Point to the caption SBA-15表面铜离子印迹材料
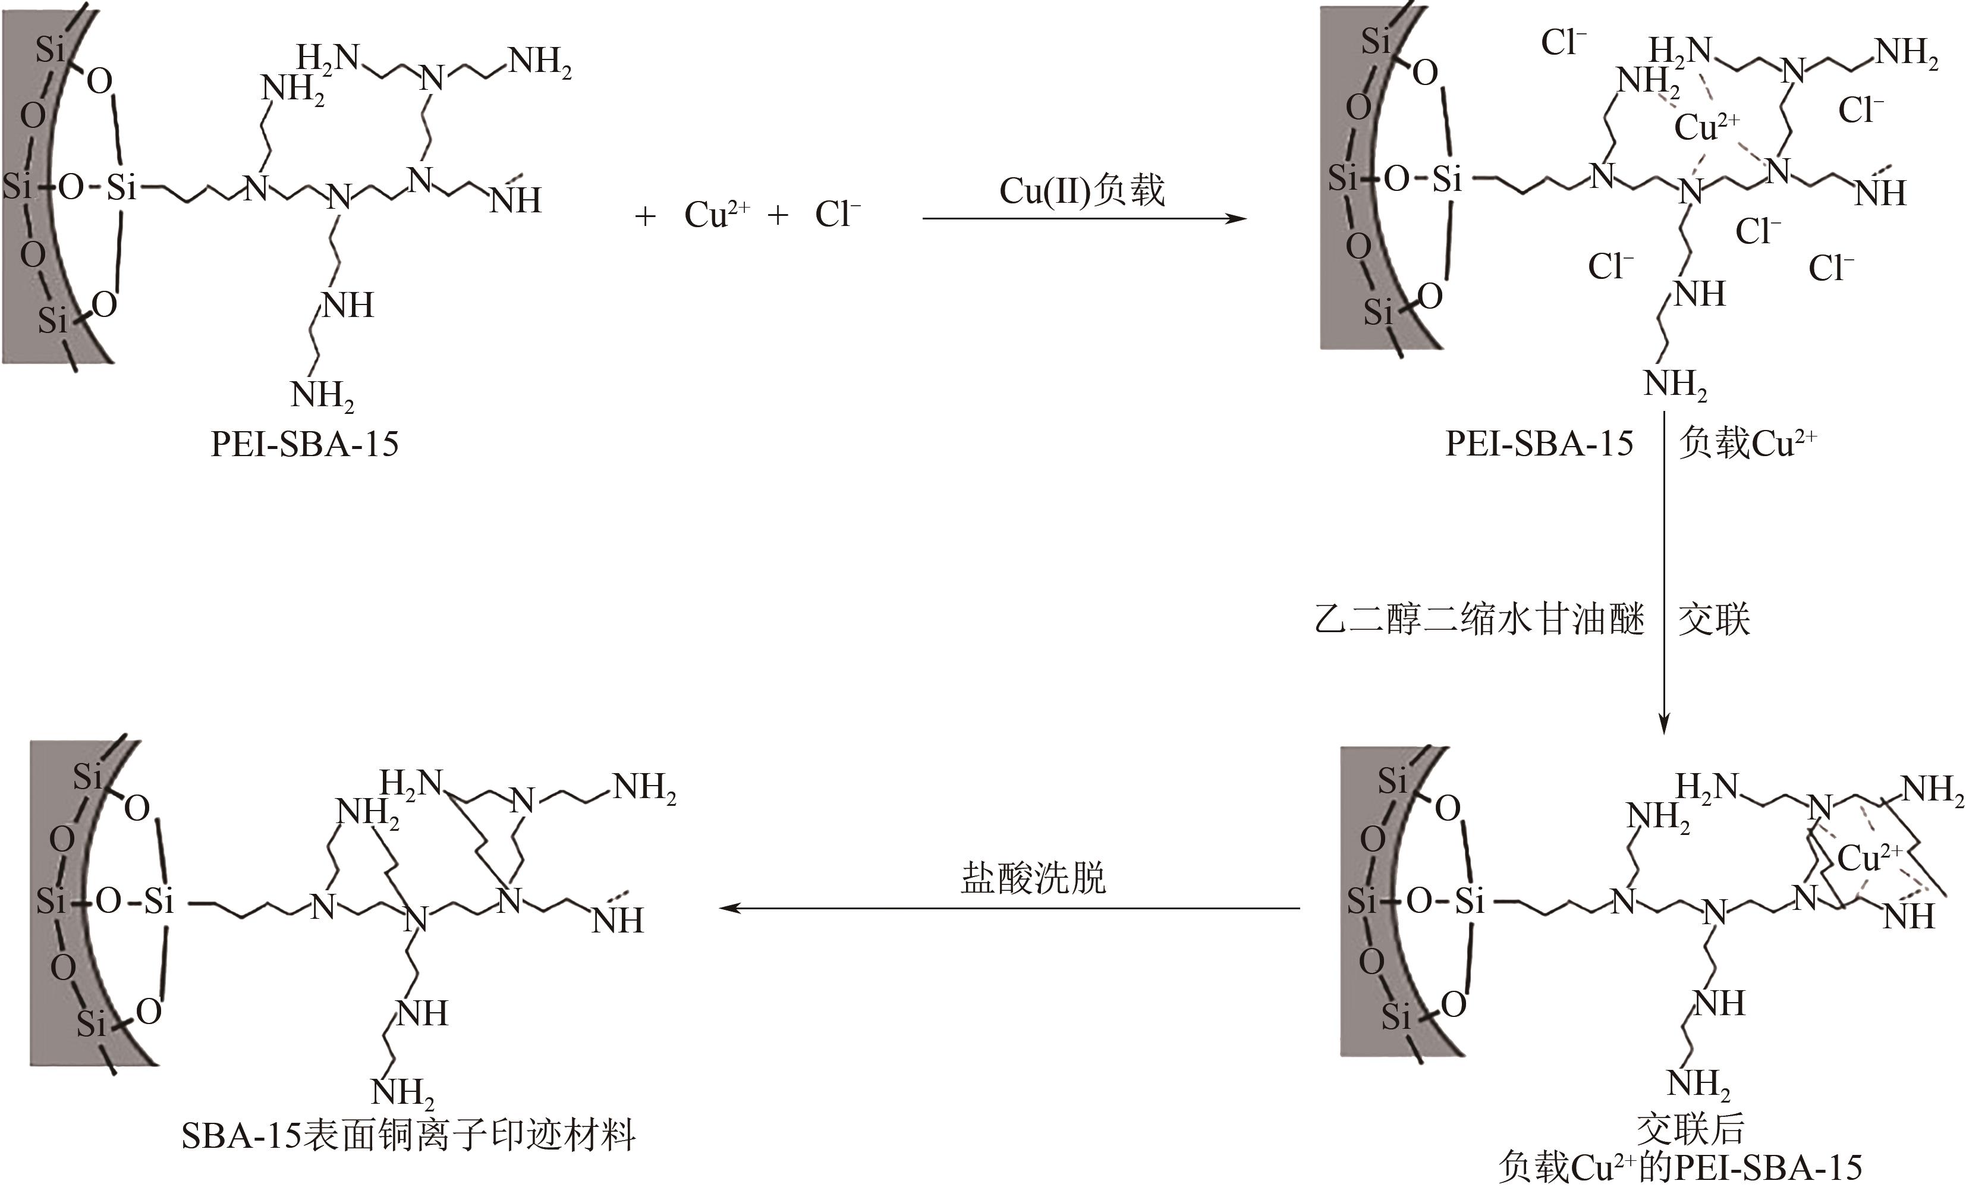point(408,1135)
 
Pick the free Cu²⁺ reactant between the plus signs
point(716,215)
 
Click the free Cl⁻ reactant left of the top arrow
point(837,215)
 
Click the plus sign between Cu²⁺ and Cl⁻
point(777,215)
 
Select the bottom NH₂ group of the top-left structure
point(322,395)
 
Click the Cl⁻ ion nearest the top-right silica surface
point(1563,43)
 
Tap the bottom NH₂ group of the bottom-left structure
point(403,1092)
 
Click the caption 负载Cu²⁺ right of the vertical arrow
point(1747,444)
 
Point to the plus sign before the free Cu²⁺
point(644,215)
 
